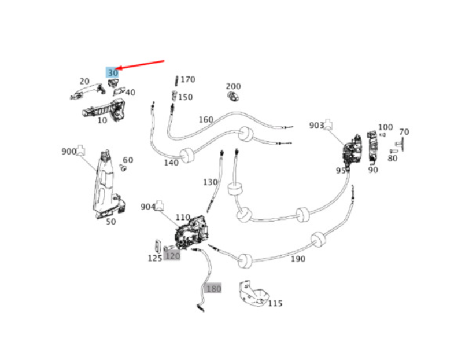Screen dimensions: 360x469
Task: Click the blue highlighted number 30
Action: [x=112, y=73]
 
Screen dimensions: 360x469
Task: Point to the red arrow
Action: [x=142, y=66]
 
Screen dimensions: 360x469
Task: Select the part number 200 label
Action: [x=233, y=86]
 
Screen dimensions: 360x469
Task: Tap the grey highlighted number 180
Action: [x=213, y=288]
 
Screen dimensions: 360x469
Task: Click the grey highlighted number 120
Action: [x=172, y=255]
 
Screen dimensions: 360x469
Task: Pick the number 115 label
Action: [x=275, y=303]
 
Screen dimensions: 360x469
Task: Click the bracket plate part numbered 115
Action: [x=253, y=293]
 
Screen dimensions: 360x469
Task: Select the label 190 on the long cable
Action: [x=297, y=259]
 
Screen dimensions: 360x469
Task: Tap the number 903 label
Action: [x=316, y=126]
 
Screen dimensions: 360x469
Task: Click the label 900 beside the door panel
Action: [x=69, y=152]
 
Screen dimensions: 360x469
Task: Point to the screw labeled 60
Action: [x=123, y=168]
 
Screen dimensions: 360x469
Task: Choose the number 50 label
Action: [x=110, y=221]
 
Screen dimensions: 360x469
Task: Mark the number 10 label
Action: [x=102, y=120]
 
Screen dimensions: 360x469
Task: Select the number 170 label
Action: [x=188, y=79]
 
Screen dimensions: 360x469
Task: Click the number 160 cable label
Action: [x=206, y=120]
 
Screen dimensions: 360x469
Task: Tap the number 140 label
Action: [x=171, y=163]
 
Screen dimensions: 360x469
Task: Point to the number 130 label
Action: [x=210, y=182]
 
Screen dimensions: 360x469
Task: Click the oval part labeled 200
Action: [x=232, y=96]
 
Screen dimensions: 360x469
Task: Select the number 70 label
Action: [x=404, y=132]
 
